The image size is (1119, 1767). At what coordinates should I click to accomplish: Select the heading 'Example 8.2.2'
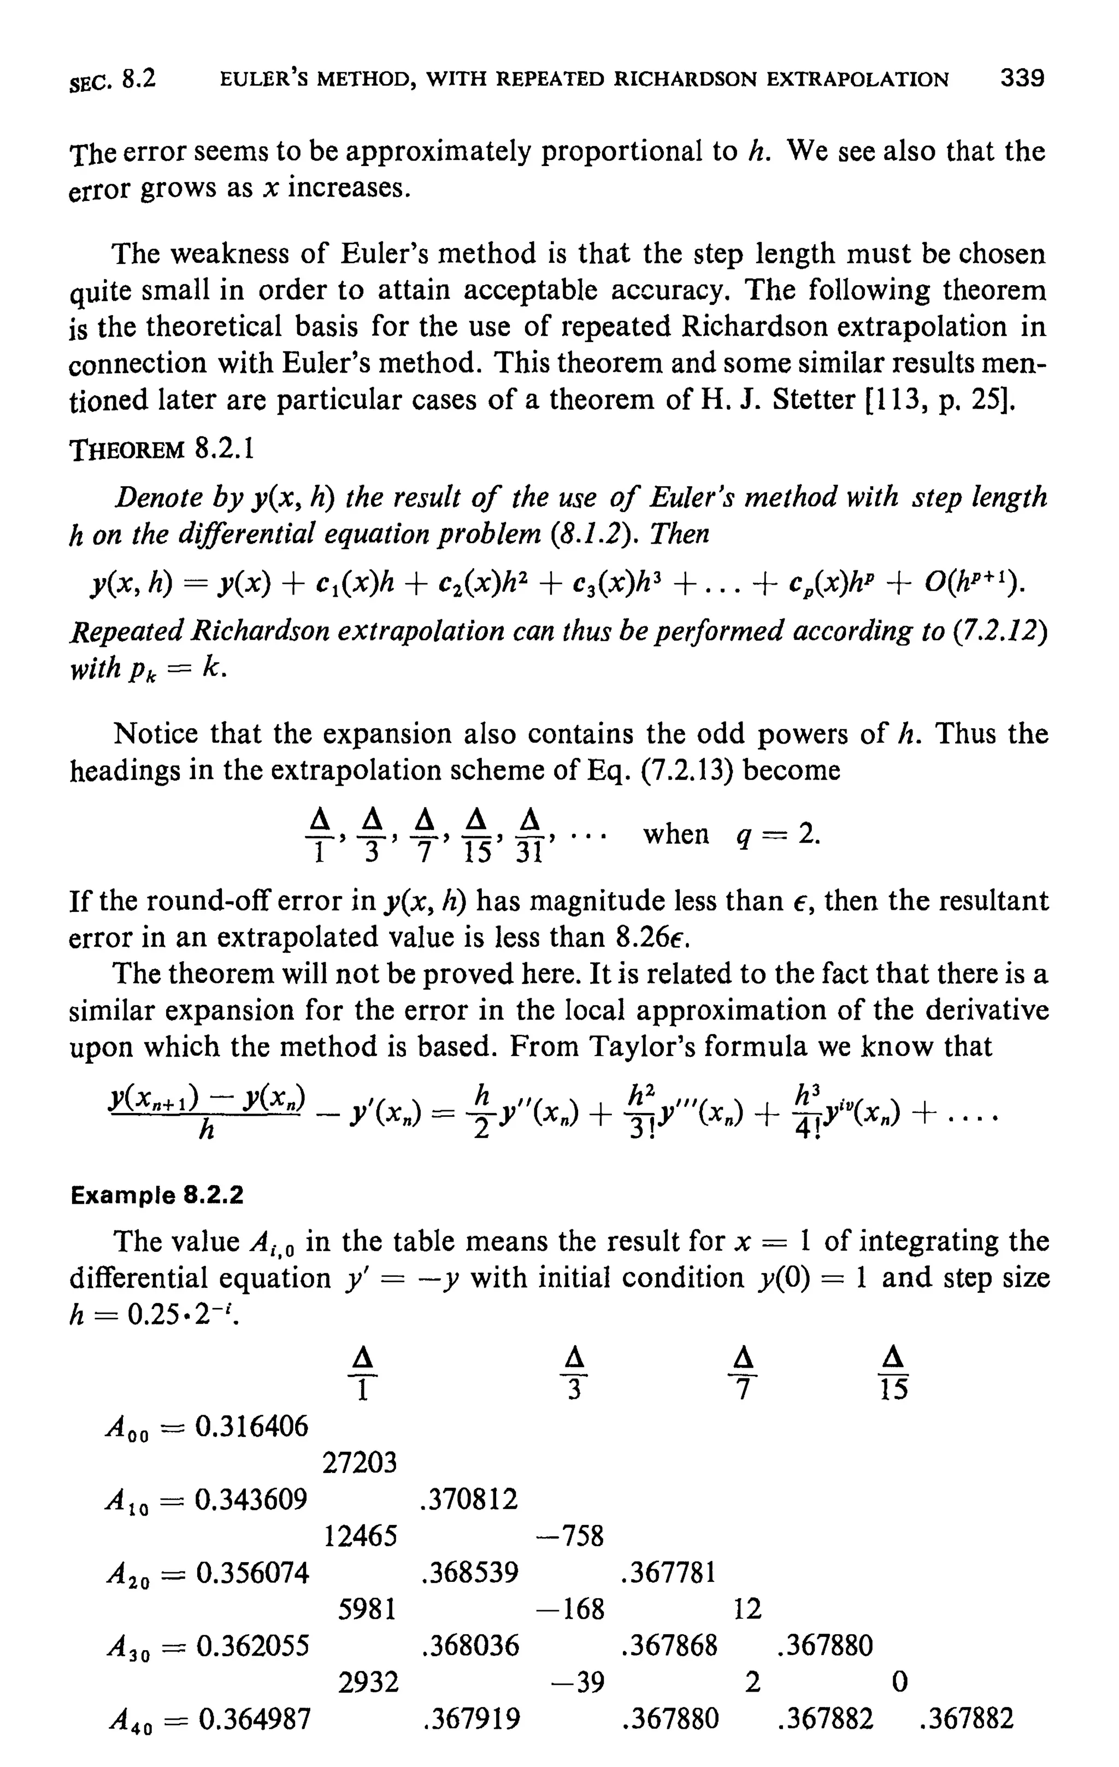(x=156, y=1195)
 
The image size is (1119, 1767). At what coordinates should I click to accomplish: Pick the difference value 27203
(x=360, y=1463)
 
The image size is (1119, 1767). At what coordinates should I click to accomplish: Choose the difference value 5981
(x=367, y=1609)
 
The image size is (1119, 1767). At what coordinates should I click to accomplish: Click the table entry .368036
(x=470, y=1645)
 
